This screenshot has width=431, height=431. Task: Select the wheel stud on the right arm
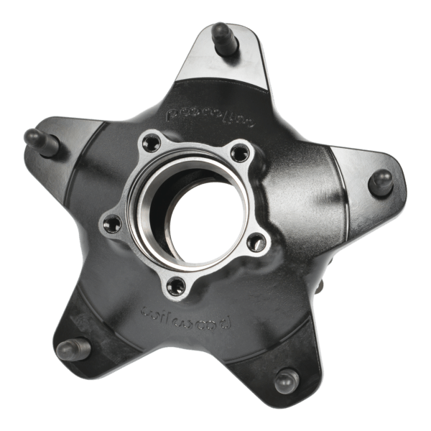coord(381,181)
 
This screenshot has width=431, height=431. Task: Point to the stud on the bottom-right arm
coord(286,379)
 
